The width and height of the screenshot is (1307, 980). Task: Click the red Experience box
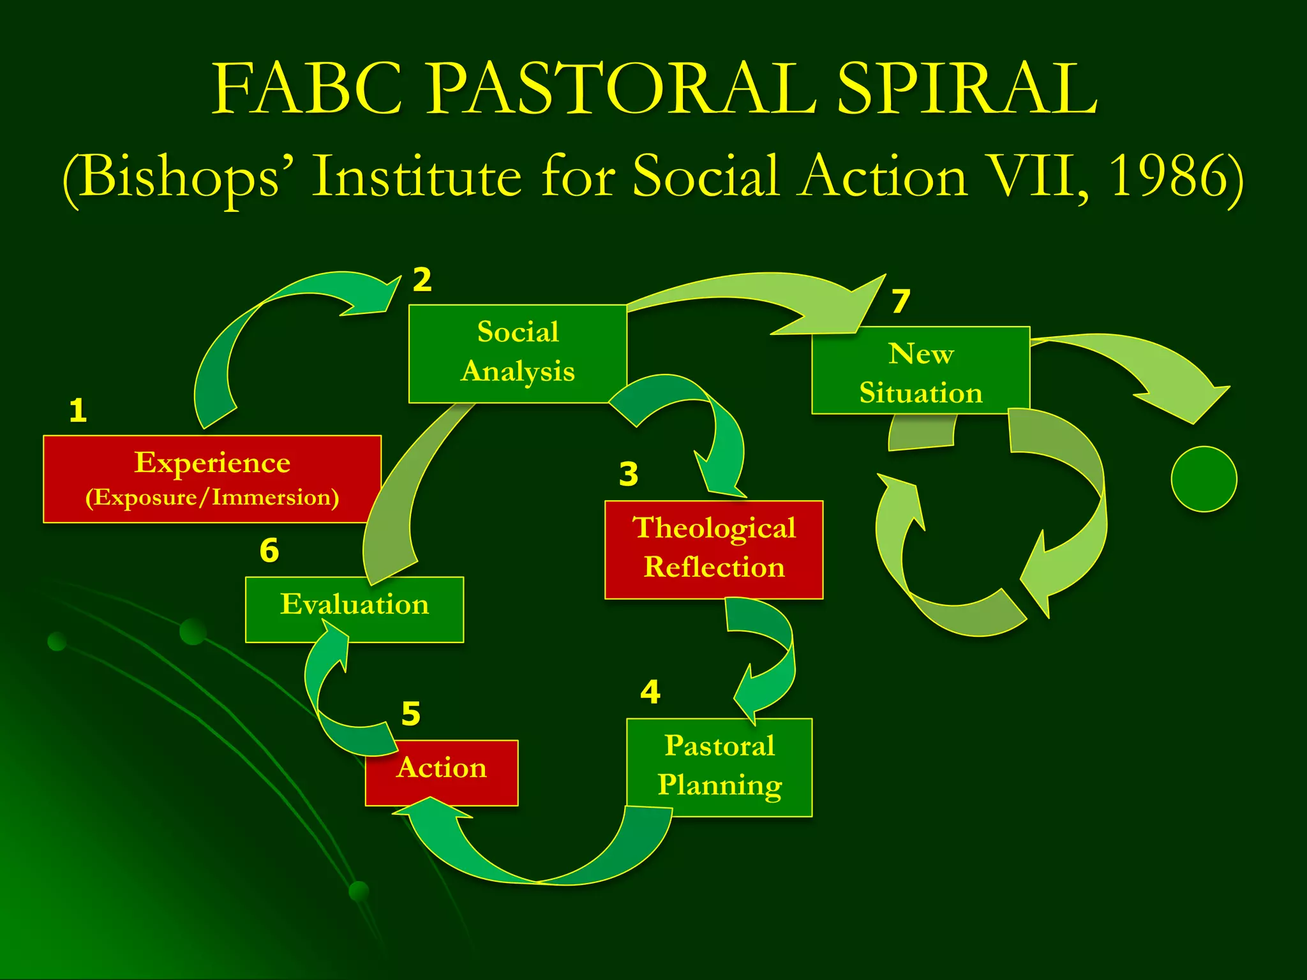tap(212, 479)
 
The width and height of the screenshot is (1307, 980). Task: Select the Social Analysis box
tap(518, 353)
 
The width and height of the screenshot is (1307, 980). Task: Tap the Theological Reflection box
tap(713, 549)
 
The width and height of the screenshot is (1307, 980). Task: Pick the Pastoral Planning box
tap(719, 767)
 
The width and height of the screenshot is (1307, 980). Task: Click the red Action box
tap(442, 773)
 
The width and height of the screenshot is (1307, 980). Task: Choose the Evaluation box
tap(354, 609)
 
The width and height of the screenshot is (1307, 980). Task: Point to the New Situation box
tap(920, 370)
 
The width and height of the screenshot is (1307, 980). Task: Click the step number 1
tap(78, 410)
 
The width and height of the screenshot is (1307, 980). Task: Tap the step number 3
tap(629, 474)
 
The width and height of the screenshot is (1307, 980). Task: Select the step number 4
tap(650, 692)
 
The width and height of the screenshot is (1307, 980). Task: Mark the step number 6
tap(269, 550)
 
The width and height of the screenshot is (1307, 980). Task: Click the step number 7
tap(900, 301)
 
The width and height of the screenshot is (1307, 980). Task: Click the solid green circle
tap(1204, 479)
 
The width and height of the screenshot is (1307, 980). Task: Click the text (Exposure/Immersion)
tap(212, 498)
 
